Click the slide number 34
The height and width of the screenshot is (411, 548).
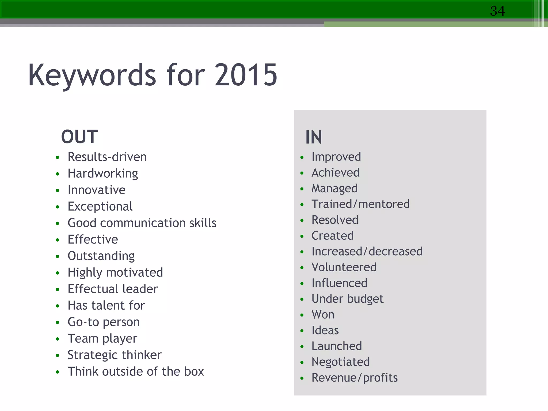tap(497, 11)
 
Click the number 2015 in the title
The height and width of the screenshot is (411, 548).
tap(246, 75)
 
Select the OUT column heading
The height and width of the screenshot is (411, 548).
tap(79, 137)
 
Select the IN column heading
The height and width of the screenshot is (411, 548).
tap(314, 137)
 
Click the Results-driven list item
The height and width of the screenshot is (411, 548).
tap(107, 157)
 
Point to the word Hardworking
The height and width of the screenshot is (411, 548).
tap(103, 173)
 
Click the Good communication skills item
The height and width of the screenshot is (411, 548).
tap(142, 223)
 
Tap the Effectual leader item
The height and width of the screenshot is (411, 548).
tap(113, 289)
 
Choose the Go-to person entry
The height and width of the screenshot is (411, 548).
tap(104, 322)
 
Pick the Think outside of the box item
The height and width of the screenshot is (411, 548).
tap(136, 371)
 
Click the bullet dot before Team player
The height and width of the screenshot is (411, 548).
tap(58, 339)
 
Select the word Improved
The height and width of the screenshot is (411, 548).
tap(336, 157)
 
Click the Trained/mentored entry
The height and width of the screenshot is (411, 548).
tap(360, 204)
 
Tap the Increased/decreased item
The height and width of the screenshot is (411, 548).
tap(367, 252)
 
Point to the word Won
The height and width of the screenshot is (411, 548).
tap(323, 315)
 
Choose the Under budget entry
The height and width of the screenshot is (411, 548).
tap(347, 299)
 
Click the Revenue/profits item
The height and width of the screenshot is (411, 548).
tap(354, 378)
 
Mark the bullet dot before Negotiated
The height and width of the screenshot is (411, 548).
tap(302, 362)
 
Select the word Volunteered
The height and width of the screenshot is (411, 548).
tap(344, 267)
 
